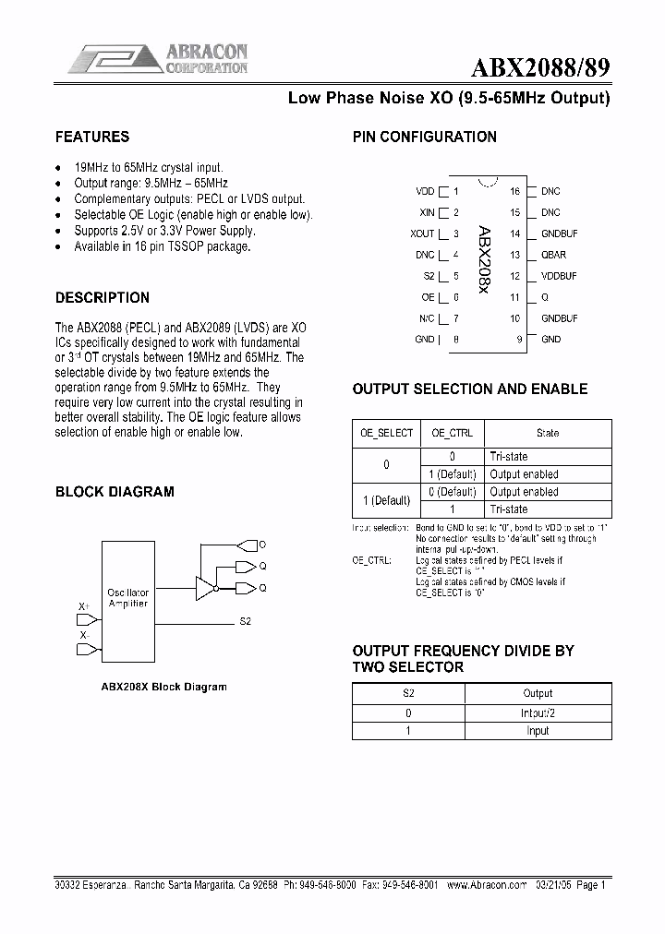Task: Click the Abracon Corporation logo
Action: [157, 59]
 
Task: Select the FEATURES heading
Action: [92, 137]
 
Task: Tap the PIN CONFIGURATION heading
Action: [425, 137]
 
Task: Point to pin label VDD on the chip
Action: [425, 192]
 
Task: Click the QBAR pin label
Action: [554, 256]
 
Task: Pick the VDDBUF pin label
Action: [559, 276]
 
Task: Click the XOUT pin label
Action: [422, 234]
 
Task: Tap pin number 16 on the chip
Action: [514, 192]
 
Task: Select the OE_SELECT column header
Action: [386, 433]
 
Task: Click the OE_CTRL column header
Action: [452, 433]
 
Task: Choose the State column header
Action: [547, 433]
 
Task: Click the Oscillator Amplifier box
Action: [127, 597]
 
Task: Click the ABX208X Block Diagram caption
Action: [163, 687]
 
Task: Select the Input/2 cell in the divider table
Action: [537, 712]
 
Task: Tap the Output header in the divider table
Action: [537, 693]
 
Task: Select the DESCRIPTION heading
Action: [103, 298]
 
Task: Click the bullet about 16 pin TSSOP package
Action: [162, 247]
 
